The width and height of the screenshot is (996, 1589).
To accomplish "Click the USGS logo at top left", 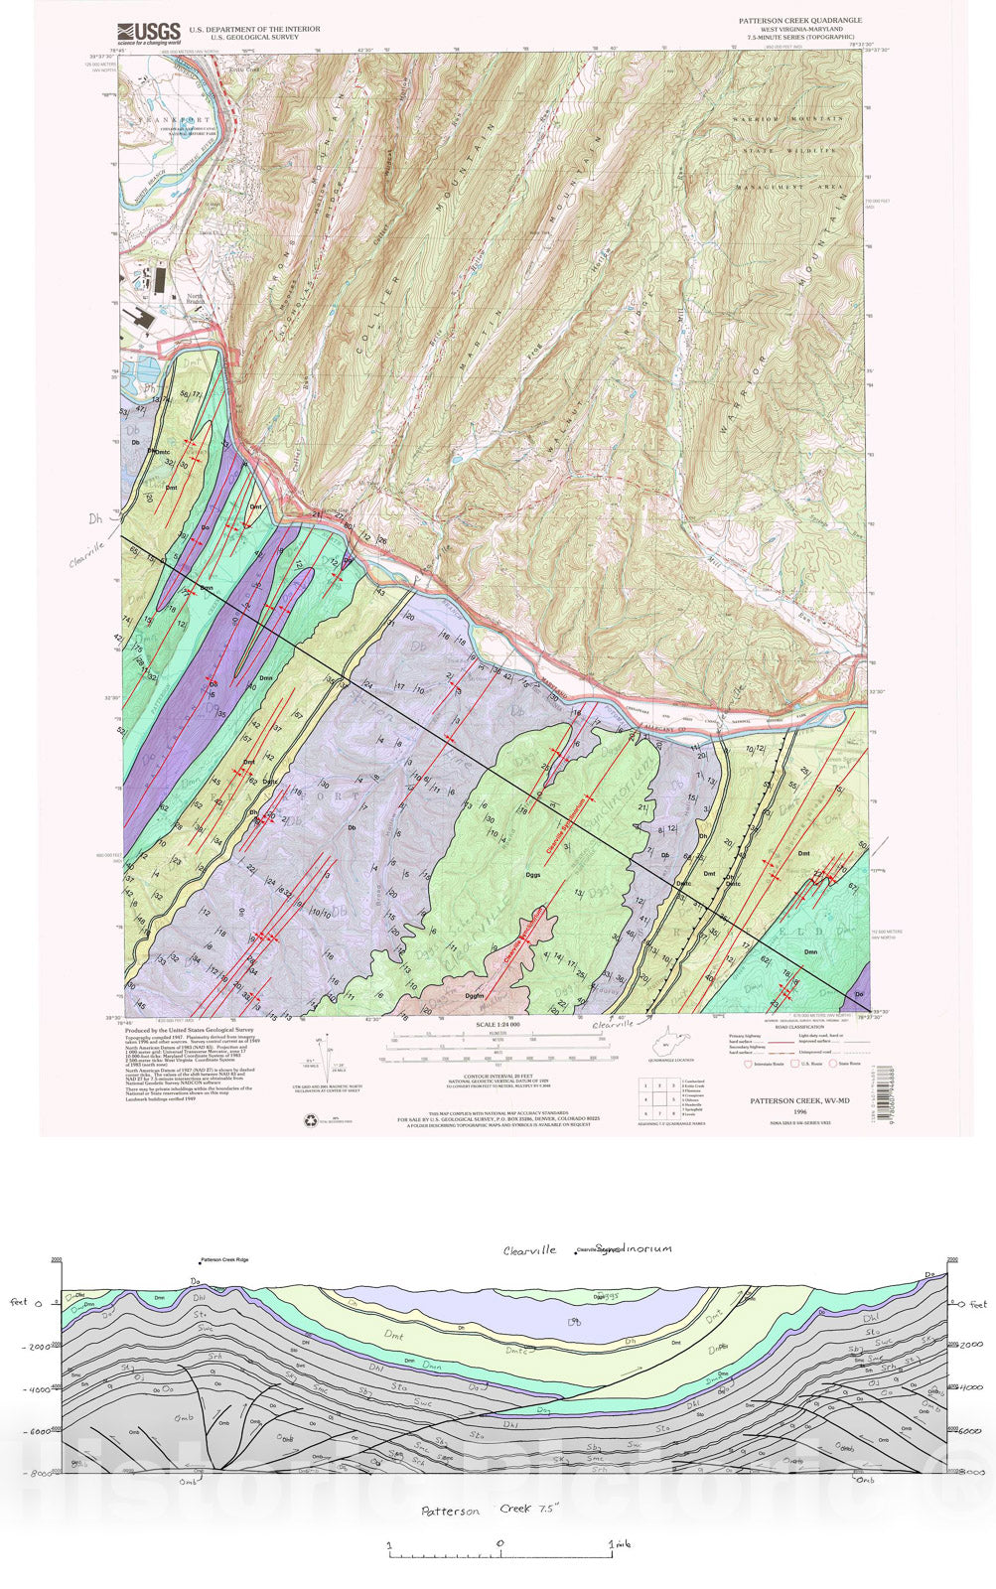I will point(148,34).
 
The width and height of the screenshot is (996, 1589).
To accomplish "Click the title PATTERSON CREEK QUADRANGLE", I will point(799,20).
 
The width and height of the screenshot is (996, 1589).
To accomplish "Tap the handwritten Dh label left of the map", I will point(95,517).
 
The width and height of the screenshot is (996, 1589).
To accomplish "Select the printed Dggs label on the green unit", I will point(533,875).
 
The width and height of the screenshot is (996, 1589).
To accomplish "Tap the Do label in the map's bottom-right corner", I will point(860,994).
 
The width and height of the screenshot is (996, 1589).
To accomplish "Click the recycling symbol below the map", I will point(310,1121).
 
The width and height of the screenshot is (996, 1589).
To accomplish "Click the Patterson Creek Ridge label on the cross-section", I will point(224,1259).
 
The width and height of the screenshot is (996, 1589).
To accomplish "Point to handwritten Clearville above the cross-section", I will point(529,1250).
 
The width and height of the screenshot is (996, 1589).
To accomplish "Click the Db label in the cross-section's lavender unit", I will point(574,1322).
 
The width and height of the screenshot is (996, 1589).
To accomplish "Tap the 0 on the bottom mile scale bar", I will point(499,1542).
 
